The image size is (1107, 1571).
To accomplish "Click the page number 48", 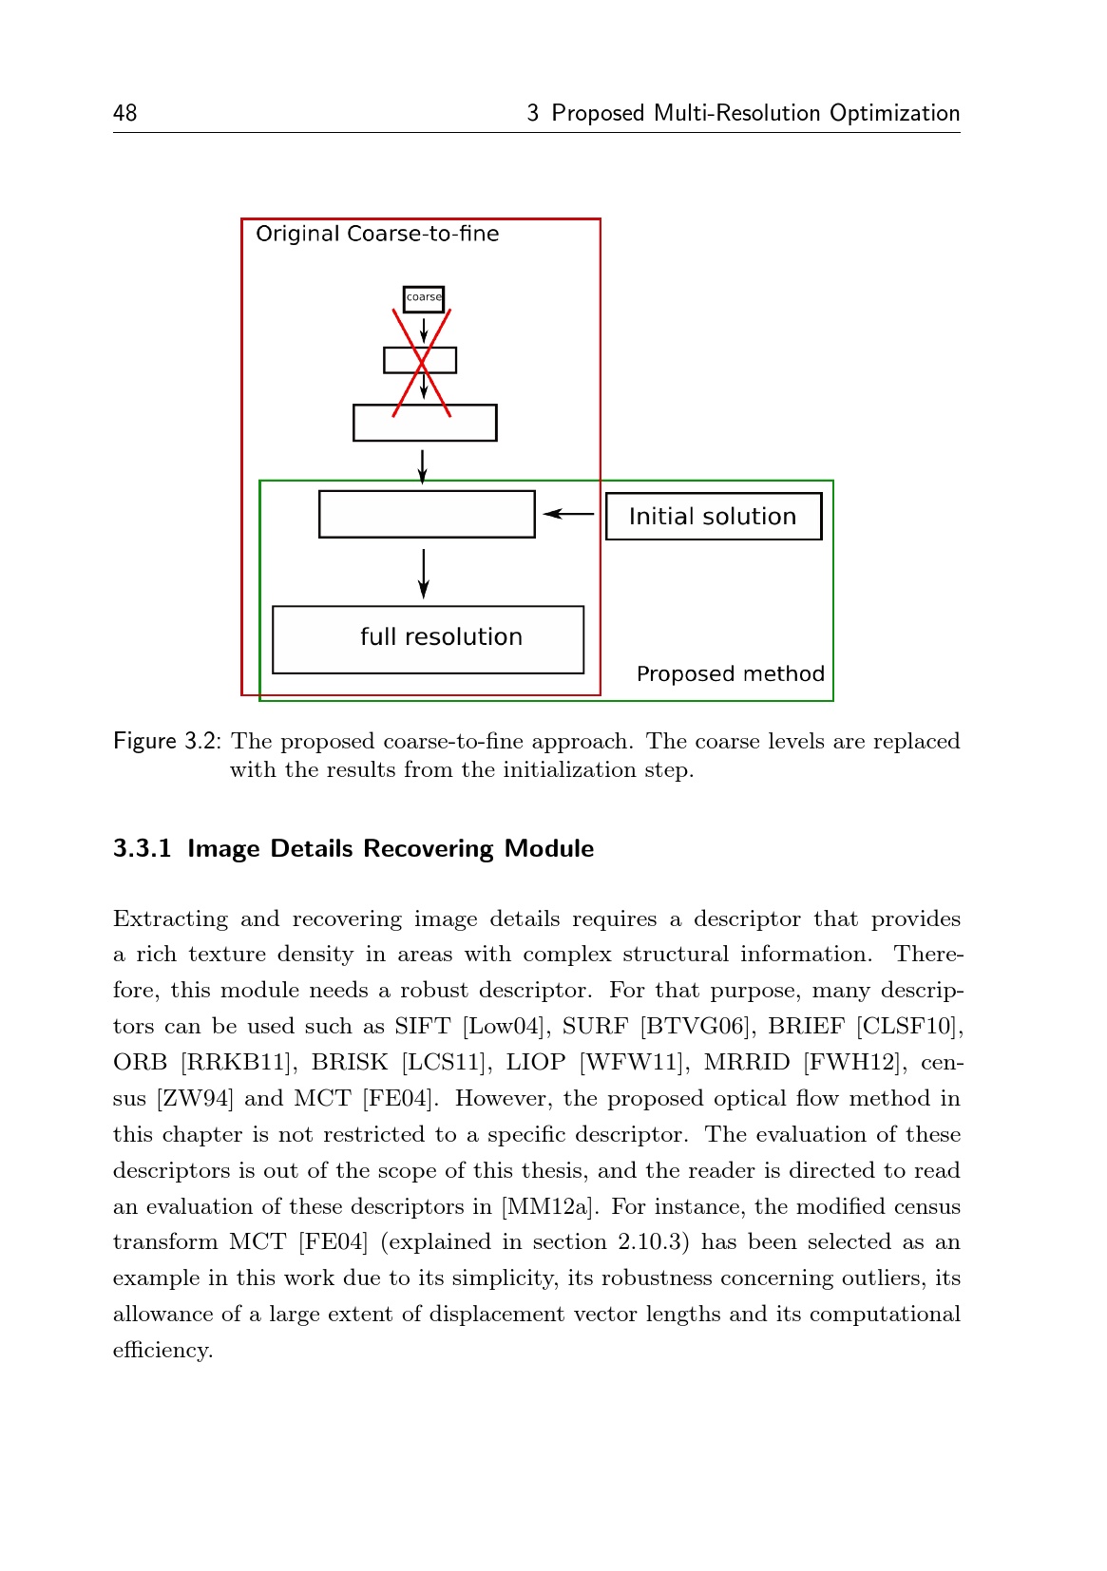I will coord(124,114).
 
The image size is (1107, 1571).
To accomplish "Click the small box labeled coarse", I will coord(424,298).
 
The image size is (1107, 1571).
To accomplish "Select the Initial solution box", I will coord(714,517).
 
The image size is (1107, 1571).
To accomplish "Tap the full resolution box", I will coord(429,639).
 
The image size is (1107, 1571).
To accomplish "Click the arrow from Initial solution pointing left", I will coord(569,514).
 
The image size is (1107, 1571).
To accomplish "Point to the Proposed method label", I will coord(730,674).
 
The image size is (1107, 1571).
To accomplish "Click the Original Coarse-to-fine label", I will coord(377,235).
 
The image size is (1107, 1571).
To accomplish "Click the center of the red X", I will coord(422,362).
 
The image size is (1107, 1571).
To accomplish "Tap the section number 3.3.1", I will coord(142,849).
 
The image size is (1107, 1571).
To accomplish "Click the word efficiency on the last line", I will coord(162,1351).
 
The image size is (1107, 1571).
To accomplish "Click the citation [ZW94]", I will coord(194,1099).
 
